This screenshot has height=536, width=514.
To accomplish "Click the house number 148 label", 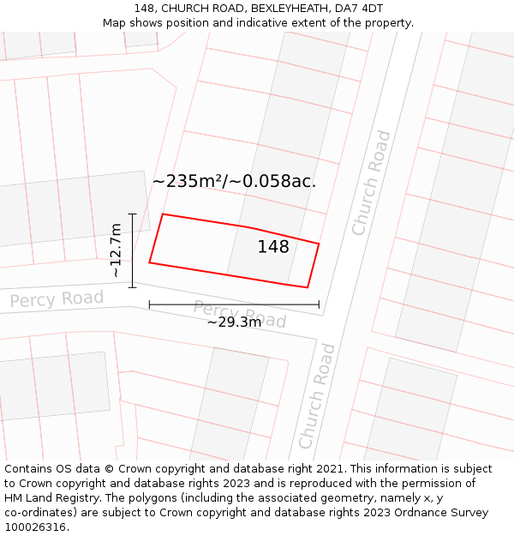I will point(273,247).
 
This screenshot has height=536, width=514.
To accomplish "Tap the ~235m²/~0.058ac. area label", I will point(234,181).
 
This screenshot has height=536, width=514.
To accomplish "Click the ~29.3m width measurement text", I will point(234,322).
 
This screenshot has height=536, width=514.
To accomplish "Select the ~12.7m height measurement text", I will point(117,250).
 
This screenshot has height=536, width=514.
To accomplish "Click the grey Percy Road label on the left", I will point(57,299).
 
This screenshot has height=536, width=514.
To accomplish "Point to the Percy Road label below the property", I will point(239,314).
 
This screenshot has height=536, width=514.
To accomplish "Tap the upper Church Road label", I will point(371,183).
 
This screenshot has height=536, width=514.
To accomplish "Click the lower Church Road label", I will point(317,395).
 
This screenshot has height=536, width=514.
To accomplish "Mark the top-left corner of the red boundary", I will point(163,214).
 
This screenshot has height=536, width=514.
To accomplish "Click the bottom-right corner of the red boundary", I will point(308,287).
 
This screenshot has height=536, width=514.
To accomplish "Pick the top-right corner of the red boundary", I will point(319,244).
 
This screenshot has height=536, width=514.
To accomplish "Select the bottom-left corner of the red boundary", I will point(149,262).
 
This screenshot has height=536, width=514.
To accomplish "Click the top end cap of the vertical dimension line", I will point(132,214).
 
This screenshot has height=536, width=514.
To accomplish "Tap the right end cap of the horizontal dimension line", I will point(319,304).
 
